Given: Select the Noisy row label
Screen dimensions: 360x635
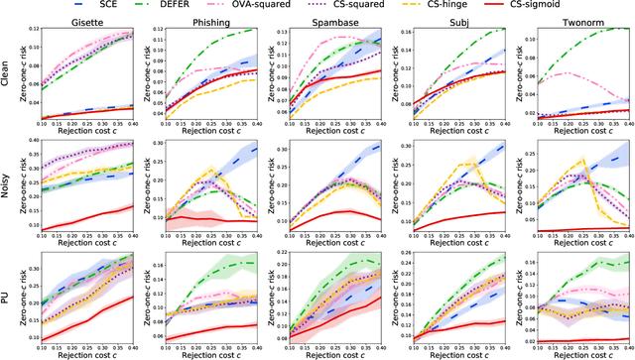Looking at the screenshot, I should (7, 185).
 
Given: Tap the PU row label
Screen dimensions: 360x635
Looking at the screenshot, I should (7, 300).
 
